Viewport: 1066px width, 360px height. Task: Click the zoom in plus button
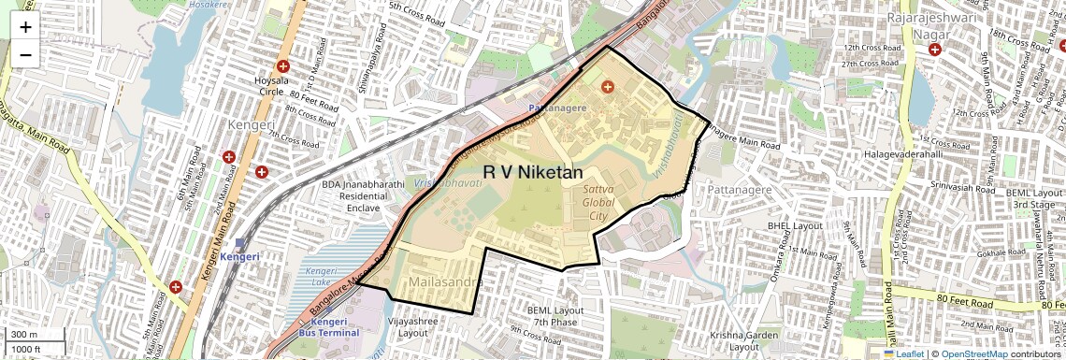point(25,26)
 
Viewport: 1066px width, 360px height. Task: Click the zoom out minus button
point(25,54)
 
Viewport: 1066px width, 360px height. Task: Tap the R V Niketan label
point(533,173)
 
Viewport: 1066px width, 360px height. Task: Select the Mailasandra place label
point(445,281)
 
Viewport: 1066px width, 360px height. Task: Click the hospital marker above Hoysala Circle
point(282,66)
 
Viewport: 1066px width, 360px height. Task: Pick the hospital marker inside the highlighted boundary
point(608,87)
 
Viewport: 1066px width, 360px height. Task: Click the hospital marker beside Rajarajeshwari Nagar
point(935,49)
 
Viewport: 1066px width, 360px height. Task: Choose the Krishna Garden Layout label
point(742,340)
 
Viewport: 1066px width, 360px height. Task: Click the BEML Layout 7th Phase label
point(555,316)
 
